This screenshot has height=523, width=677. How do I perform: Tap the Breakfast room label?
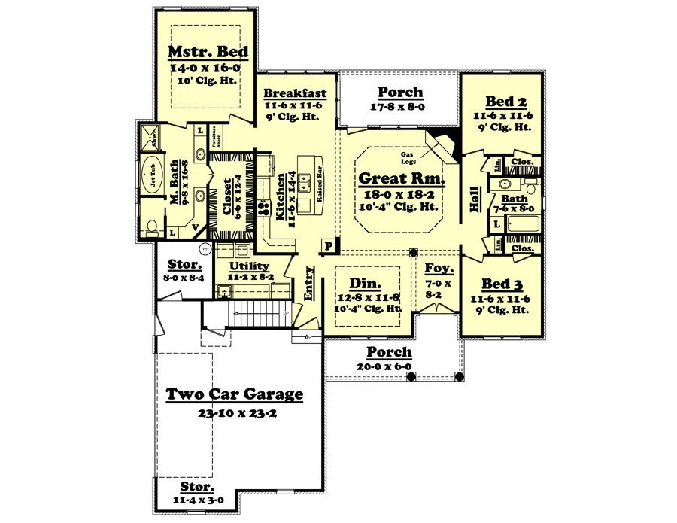tap(294, 93)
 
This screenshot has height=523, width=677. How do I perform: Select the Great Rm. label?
tap(400, 179)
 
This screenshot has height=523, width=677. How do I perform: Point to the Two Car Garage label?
tap(234, 394)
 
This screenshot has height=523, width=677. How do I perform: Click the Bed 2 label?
tap(500, 102)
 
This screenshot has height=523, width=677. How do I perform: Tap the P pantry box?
tap(329, 246)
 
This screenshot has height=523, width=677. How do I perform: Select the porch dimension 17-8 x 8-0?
tap(399, 107)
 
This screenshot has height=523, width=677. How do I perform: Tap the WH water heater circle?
tap(204, 249)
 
